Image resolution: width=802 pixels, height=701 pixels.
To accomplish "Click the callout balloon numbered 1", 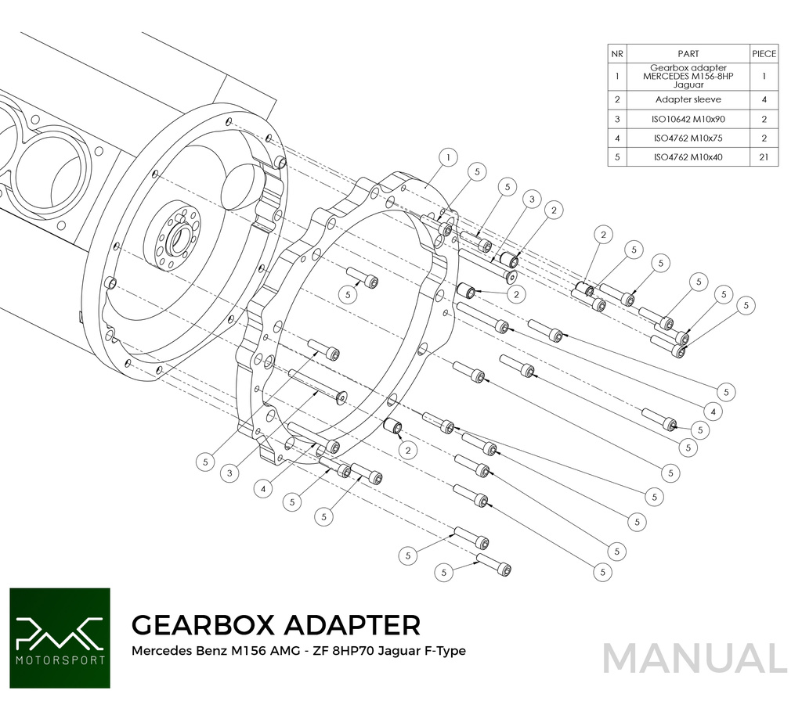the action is point(448,157).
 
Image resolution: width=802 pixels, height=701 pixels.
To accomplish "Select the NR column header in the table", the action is point(617,54).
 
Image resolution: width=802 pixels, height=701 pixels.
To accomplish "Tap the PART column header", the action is point(688,54).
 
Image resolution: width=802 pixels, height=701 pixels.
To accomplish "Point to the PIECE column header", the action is point(764,54).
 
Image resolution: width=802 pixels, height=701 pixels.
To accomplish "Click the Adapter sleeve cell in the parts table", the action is point(688,99).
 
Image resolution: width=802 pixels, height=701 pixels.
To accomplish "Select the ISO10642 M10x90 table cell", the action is point(688,119).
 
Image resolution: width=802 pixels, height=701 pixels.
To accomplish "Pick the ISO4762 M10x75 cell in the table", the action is point(688,138).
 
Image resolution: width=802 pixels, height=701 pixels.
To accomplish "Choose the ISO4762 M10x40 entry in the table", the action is point(688,156).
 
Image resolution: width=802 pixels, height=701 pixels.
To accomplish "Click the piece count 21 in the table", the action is point(764,156).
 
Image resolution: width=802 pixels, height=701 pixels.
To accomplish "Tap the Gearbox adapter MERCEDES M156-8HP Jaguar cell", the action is point(688,76).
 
